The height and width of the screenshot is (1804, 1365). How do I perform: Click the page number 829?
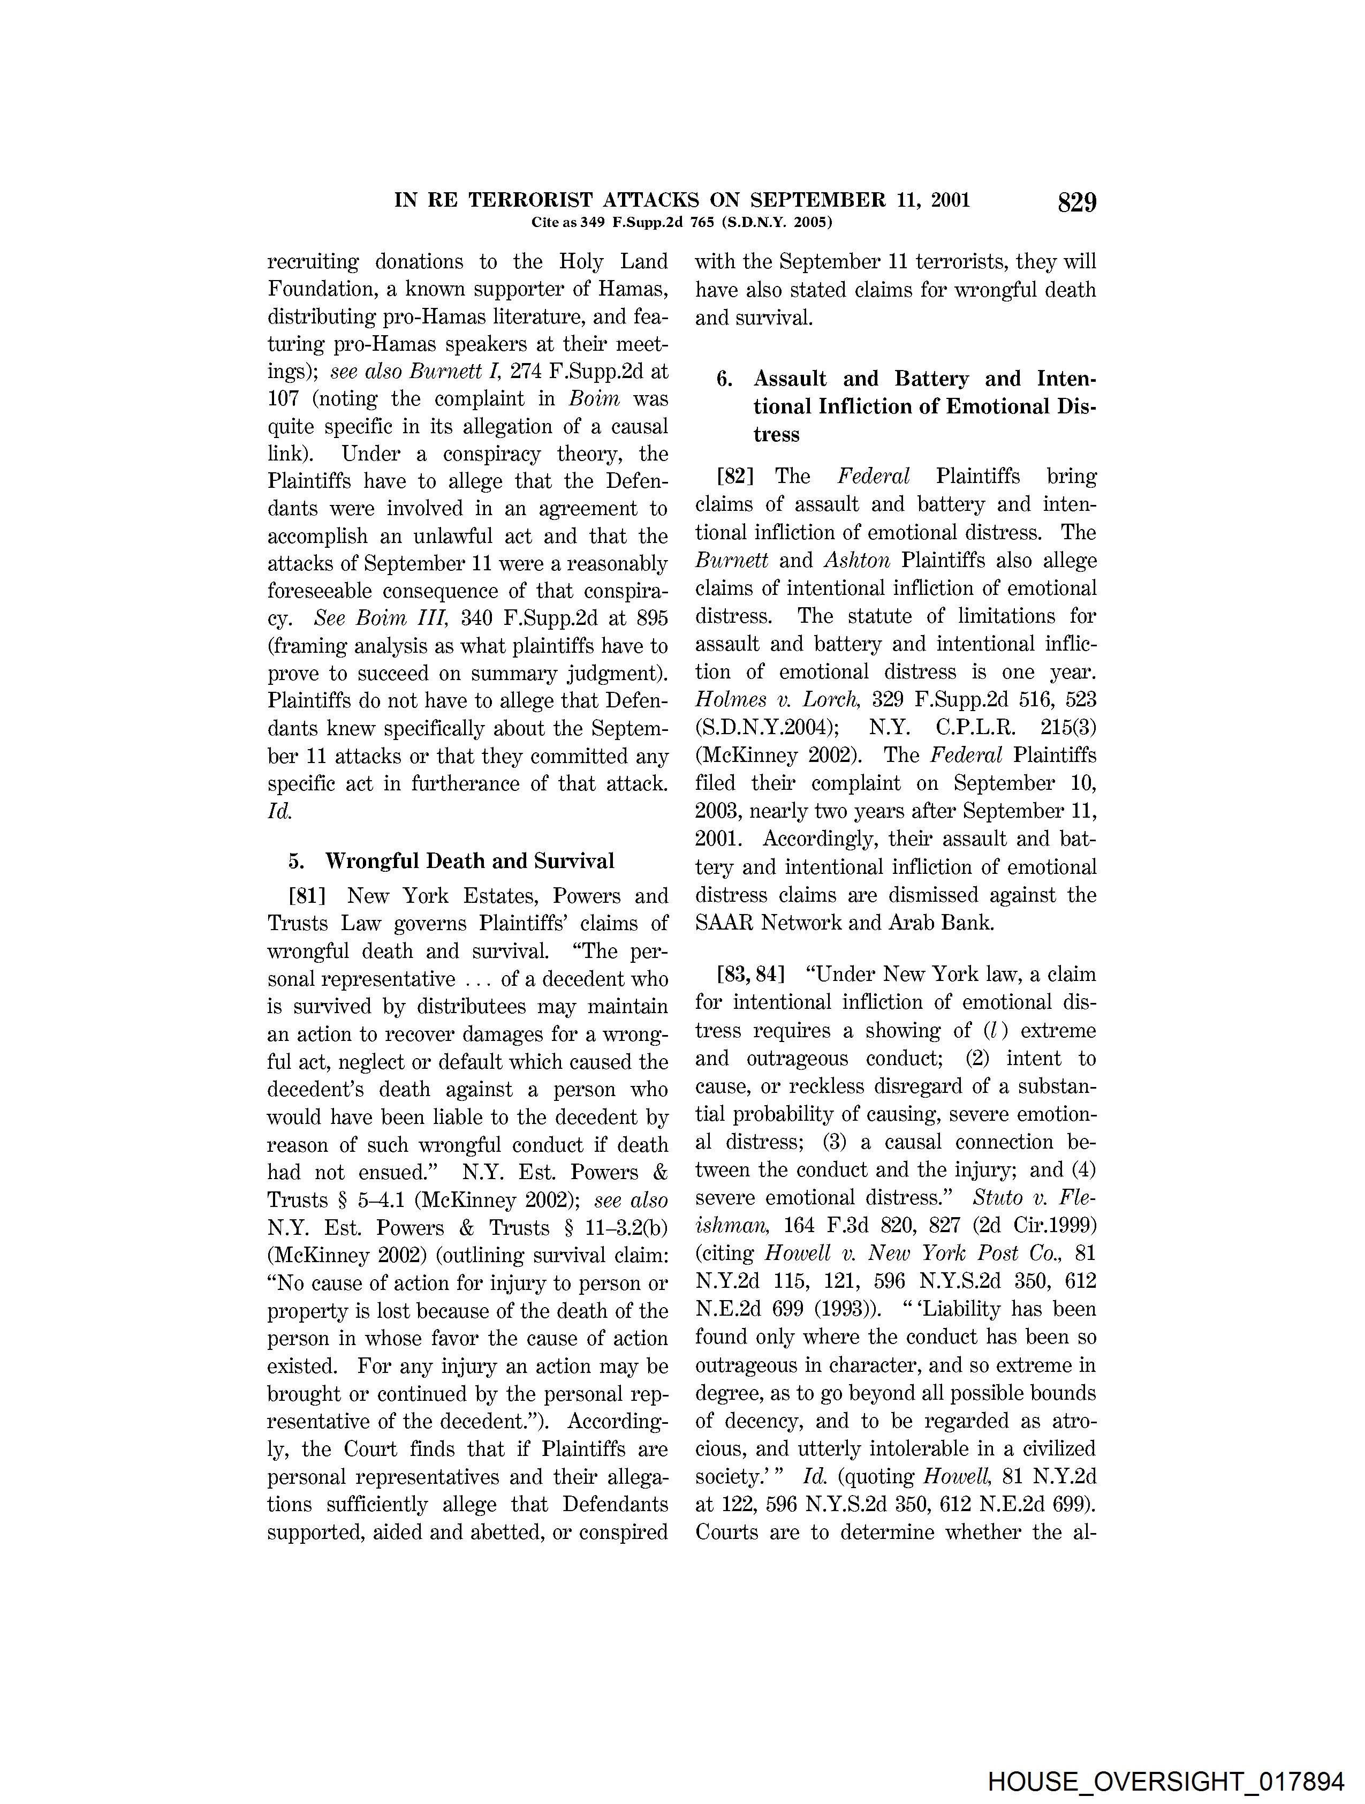tap(1076, 202)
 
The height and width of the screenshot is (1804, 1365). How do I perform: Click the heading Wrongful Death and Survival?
tap(469, 861)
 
